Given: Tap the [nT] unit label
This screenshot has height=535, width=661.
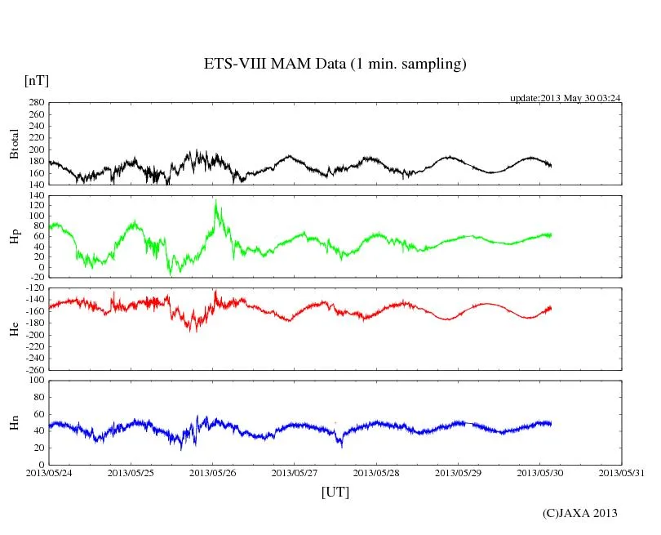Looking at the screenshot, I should pos(36,81).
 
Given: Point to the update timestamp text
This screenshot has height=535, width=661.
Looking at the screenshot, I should pos(566,98).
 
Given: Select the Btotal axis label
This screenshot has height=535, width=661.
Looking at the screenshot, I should pos(14,143).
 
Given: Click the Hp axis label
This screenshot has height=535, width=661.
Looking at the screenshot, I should pos(14,236).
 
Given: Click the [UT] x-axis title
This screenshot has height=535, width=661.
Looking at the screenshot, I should pos(335,492).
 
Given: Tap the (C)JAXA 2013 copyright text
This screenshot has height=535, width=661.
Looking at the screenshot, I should pos(580,513).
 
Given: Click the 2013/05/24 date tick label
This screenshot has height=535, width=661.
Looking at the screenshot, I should pos(48,473).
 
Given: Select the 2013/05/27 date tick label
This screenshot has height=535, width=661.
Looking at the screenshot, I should pos(294,473).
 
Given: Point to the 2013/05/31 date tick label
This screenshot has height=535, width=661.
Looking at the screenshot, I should pos(621,473).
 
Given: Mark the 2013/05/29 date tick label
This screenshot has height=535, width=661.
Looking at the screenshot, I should pos(458,473).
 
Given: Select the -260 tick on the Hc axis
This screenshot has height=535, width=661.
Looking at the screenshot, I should pos(35,369).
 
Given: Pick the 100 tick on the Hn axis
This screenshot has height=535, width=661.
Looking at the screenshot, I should pos(37,381).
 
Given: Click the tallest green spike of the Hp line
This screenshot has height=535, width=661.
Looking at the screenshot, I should pos(215,200).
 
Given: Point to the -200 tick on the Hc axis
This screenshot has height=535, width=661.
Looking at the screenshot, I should pos(35,335).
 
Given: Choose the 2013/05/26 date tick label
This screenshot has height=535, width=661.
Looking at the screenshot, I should pos(212,473).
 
